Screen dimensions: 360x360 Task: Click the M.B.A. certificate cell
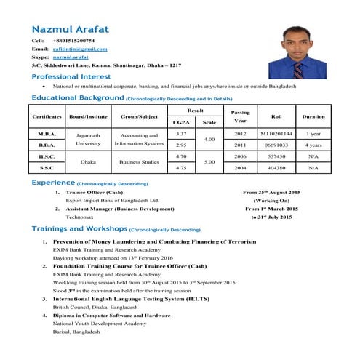(47, 135)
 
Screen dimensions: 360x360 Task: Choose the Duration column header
(313, 116)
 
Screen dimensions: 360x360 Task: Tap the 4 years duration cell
(313, 145)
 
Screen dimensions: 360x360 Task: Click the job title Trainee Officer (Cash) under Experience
(94, 192)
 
